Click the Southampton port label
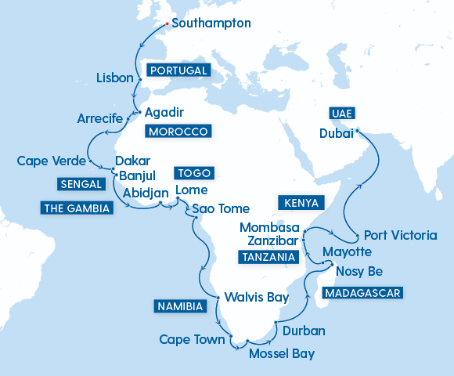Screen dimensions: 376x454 tap(211, 23)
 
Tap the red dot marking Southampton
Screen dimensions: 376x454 tap(167, 23)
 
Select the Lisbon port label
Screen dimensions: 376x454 tap(115, 78)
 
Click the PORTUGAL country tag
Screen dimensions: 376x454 tap(178, 70)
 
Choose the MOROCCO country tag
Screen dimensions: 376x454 tap(178, 131)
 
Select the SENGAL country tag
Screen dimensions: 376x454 tap(80, 184)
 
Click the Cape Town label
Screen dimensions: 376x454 tap(192, 339)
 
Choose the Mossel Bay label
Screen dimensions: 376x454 tap(281, 354)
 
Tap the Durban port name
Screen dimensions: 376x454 tap(304, 331)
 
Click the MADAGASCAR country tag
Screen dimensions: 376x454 tap(362, 293)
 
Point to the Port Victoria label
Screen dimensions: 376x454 tap(401, 235)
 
